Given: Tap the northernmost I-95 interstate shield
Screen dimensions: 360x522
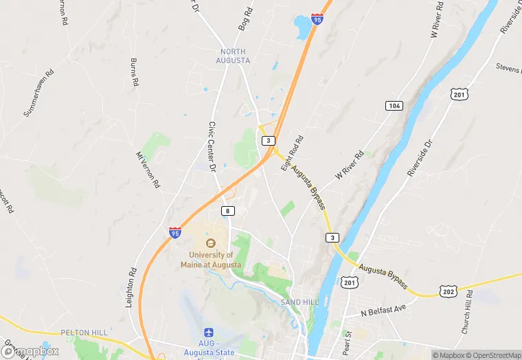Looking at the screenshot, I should [317, 19].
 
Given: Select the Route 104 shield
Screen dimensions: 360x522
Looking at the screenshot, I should [394, 105].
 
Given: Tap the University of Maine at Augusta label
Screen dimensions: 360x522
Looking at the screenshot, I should [211, 259].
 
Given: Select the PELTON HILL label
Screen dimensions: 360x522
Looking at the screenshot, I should [84, 333].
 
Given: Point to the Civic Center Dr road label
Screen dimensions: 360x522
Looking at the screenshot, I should [212, 147].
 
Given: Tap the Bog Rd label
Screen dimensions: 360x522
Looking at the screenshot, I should [245, 20].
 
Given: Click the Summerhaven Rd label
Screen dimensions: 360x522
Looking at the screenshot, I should [38, 92].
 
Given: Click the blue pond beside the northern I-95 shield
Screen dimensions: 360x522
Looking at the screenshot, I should [302, 27].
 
